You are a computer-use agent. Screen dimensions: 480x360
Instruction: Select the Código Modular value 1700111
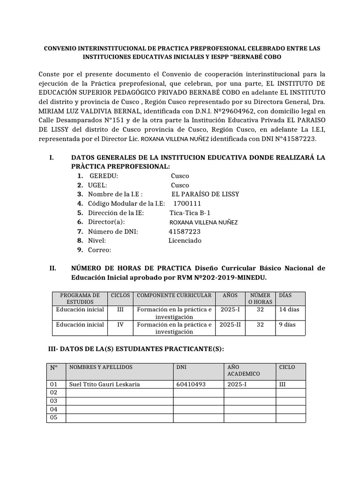coord(187,203)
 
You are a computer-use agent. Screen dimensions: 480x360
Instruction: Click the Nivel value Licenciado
coord(185,240)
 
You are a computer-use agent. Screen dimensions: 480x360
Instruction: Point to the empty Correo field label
coord(99,250)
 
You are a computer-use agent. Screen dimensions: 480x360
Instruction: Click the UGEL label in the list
coord(97,185)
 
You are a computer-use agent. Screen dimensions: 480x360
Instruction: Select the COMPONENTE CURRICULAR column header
coord(174,296)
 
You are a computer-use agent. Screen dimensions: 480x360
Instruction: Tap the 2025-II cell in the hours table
coord(230,324)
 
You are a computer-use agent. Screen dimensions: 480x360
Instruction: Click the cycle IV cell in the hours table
coord(120,324)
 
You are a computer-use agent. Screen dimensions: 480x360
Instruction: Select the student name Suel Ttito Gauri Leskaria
coord(105,384)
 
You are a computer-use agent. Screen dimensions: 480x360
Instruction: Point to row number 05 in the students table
coord(53,417)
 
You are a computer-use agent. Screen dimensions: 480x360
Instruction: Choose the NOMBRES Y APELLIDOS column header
coord(101,367)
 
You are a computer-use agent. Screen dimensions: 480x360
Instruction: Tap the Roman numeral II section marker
coord(52,269)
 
